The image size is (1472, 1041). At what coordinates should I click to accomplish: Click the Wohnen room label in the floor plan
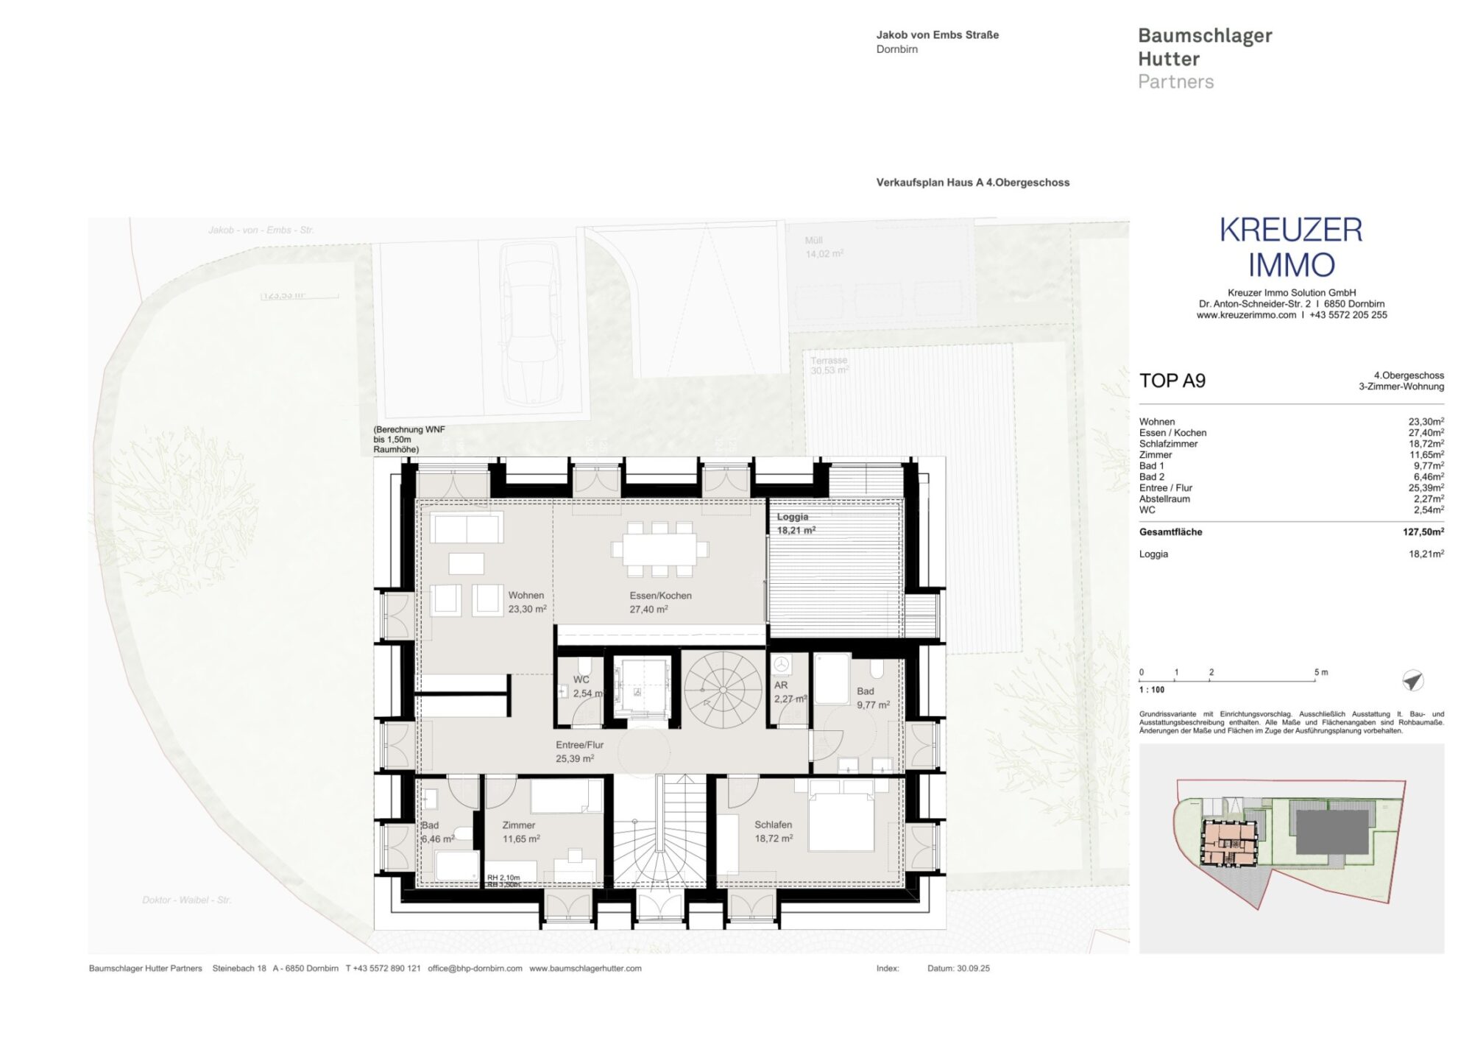(526, 602)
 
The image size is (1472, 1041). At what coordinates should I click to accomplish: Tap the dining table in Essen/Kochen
(654, 549)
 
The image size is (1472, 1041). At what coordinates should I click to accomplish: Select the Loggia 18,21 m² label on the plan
(796, 523)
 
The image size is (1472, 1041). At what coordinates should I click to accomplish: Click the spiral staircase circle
(723, 690)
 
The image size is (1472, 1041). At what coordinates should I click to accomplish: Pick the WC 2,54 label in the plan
(587, 687)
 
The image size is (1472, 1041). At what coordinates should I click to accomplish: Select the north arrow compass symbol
(1412, 680)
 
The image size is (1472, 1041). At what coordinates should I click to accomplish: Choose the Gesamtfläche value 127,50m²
(1423, 532)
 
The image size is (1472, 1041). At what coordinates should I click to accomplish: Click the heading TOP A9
(1172, 381)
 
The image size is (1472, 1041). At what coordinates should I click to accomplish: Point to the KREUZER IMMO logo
(1291, 247)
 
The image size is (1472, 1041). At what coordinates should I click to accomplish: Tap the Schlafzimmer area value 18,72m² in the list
(1426, 444)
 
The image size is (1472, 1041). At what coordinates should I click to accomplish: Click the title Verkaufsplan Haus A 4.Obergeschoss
(972, 183)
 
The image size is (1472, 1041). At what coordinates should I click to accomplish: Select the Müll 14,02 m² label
(824, 247)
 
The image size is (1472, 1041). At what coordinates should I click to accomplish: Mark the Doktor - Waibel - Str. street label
(186, 900)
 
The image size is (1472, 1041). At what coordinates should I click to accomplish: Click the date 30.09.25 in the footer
(973, 968)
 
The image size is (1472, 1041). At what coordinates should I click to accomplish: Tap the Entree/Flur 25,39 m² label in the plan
(578, 752)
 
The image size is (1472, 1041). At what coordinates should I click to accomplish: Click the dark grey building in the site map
(1331, 832)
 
